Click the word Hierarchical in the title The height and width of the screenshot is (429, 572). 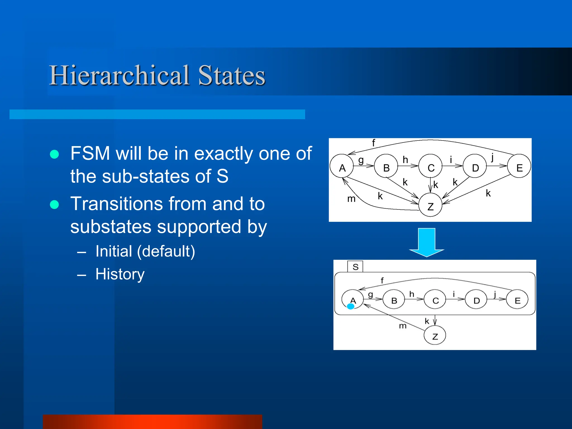120,75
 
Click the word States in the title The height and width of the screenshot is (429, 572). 232,75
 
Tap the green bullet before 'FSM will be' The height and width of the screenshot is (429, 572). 54,154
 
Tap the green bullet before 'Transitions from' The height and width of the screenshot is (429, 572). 54,204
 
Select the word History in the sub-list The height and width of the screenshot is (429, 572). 120,274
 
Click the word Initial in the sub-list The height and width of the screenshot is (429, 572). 114,251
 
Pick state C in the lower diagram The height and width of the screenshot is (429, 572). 435,300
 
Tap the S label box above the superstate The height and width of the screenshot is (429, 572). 355,267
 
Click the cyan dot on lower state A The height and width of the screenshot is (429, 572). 351,306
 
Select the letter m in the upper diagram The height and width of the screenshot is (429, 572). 351,199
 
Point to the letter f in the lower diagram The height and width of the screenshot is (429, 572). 382,280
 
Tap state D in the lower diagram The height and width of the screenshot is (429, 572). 476,300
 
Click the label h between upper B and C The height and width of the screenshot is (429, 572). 405,159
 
